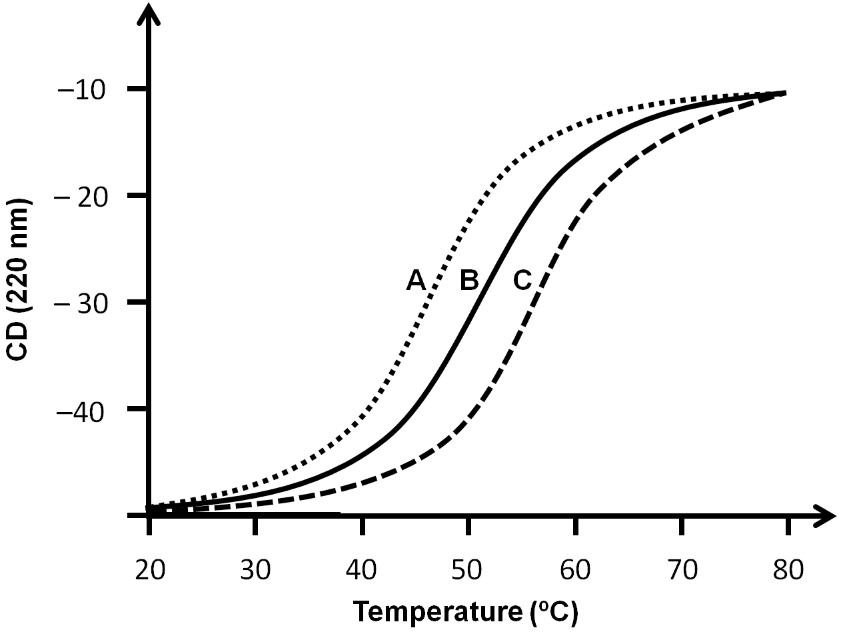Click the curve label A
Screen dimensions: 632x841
416,281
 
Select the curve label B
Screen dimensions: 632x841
468,281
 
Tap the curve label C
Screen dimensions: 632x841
522,281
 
